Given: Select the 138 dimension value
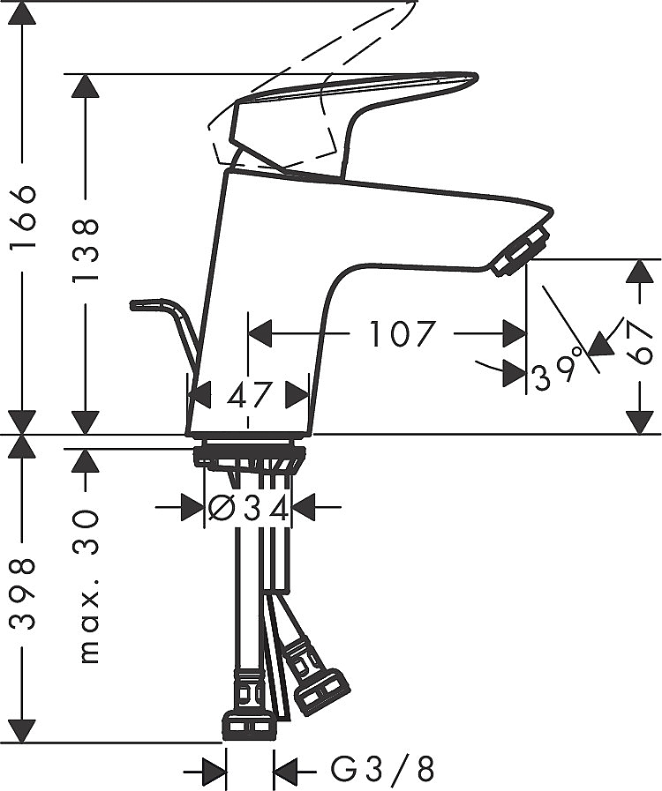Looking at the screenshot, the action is [x=85, y=250].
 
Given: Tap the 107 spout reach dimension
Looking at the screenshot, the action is [x=402, y=334].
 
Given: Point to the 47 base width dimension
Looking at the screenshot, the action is [x=250, y=394].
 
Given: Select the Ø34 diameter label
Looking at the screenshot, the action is [x=249, y=509].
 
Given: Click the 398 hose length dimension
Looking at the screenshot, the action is [x=23, y=593].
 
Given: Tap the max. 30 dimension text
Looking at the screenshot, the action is [x=87, y=586].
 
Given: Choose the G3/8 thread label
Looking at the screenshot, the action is [x=383, y=769].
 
